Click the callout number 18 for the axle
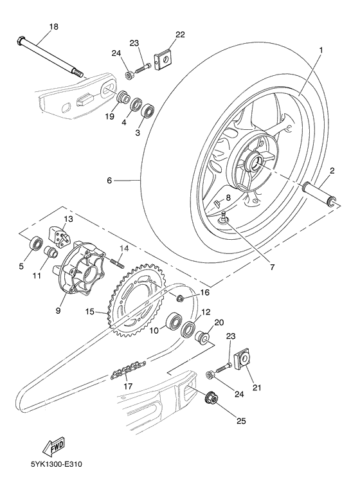coord(53,26)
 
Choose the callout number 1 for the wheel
coord(320,50)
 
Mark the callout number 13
coord(68,219)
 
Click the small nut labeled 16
coord(181,296)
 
